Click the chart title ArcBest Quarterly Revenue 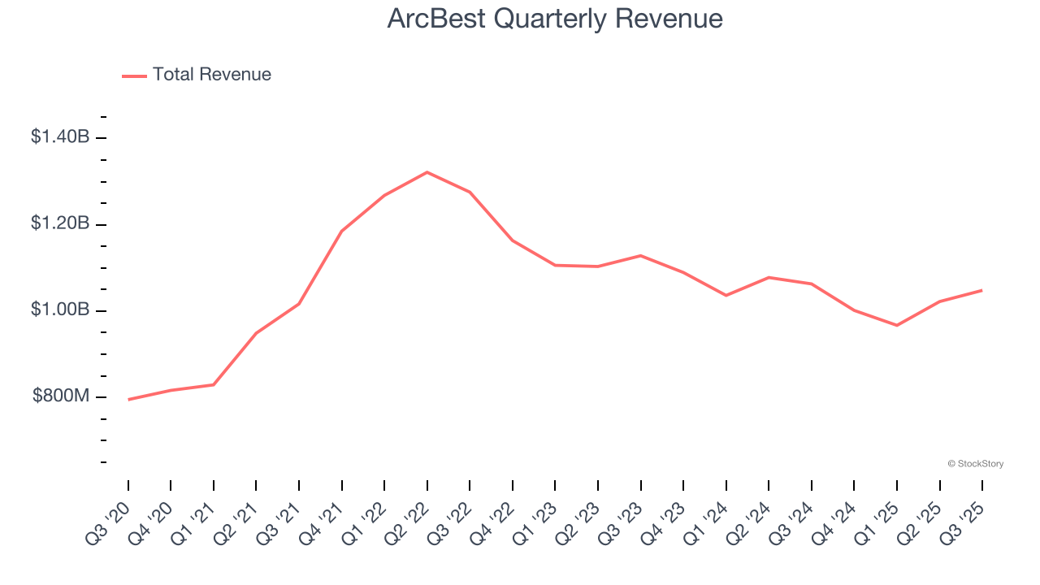[555, 19]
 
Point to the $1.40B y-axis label [60, 136]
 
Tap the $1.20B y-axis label [60, 223]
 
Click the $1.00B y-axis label [60, 310]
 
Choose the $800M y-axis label [61, 396]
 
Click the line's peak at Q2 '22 [427, 172]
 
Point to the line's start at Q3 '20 [128, 400]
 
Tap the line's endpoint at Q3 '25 [982, 290]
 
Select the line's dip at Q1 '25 [897, 325]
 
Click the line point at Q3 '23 [641, 256]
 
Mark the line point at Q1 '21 [214, 384]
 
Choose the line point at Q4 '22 [513, 240]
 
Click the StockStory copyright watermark [975, 464]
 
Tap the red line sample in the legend [134, 76]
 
